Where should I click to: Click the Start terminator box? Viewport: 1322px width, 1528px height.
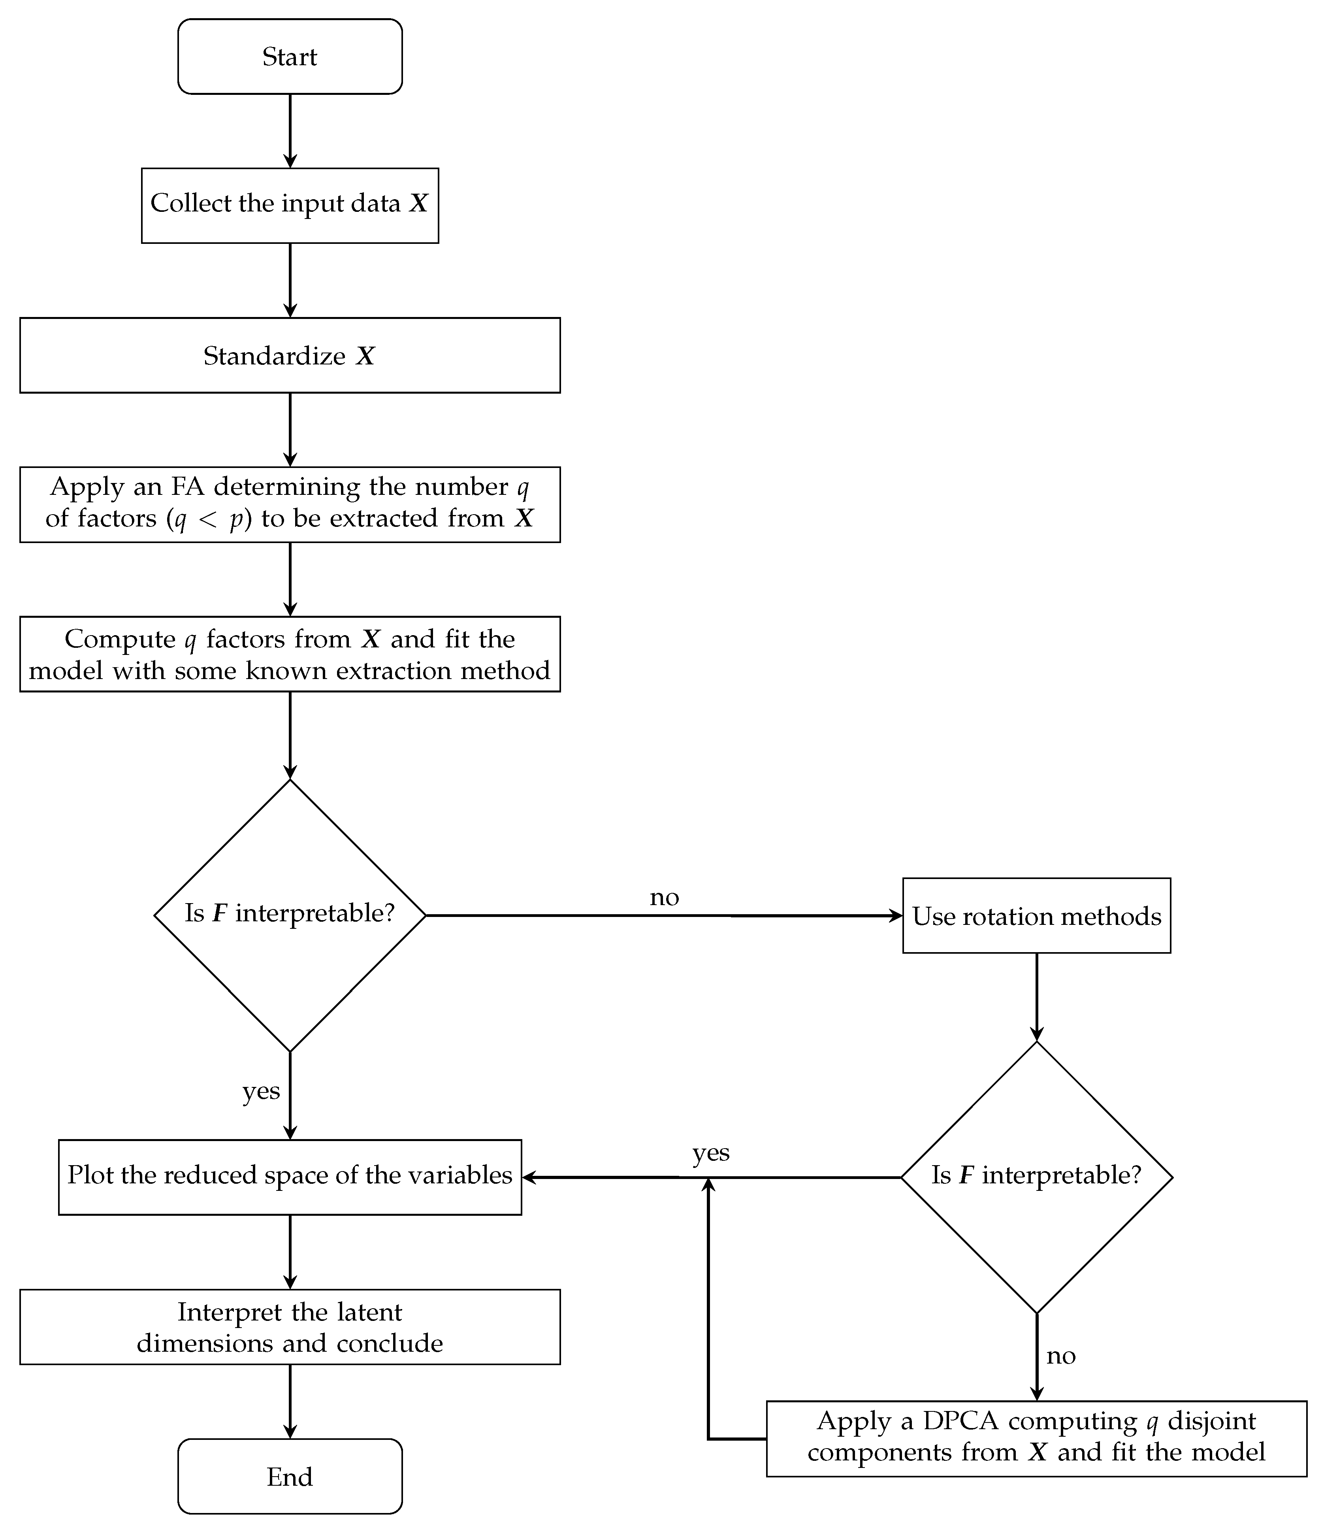pos(290,57)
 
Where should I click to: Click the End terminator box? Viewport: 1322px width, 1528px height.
pos(290,1476)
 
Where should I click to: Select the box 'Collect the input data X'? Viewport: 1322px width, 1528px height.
pos(290,205)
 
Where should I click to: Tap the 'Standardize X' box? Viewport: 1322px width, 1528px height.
pos(290,356)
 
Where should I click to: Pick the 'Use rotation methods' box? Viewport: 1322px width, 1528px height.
pos(1036,916)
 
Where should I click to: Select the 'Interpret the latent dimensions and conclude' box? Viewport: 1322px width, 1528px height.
pos(290,1327)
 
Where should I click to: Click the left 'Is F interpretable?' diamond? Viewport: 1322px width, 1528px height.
pos(290,915)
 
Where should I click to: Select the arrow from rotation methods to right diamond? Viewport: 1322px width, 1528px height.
pos(1036,996)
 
